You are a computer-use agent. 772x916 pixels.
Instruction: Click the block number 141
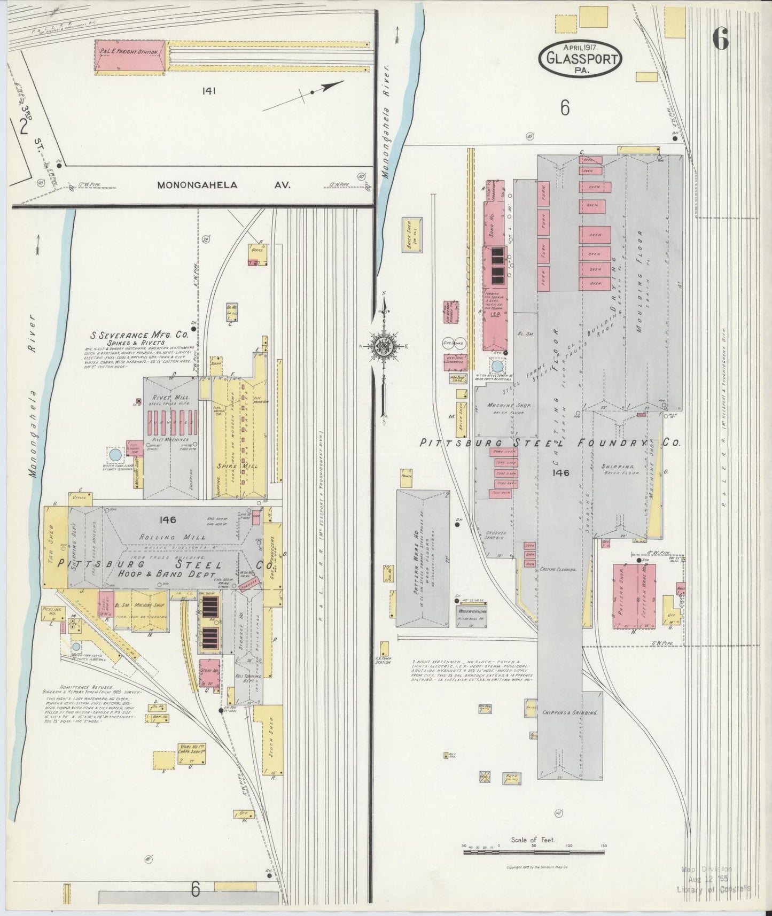208,91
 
